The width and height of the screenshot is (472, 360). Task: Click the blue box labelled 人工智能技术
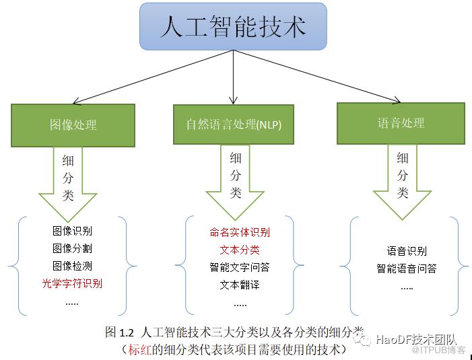click(x=233, y=26)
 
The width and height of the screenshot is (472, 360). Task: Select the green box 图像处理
click(x=73, y=125)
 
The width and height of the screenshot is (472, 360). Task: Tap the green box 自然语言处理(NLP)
click(x=234, y=124)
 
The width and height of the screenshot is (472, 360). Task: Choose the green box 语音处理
click(x=401, y=123)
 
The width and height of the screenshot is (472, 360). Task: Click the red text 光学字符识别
click(x=72, y=283)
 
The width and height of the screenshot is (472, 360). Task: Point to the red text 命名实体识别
click(x=240, y=232)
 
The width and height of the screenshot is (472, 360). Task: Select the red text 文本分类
click(x=240, y=250)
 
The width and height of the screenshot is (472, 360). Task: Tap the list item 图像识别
click(x=72, y=231)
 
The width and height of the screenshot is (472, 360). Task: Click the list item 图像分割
click(x=72, y=248)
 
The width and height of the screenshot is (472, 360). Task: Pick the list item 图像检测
click(x=72, y=266)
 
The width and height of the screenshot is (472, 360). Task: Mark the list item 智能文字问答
click(x=240, y=267)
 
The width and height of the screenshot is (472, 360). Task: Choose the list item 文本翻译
click(x=240, y=285)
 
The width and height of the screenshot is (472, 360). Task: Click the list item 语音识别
click(x=407, y=251)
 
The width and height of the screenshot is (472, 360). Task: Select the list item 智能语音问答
click(x=407, y=268)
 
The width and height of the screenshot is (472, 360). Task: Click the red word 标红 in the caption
click(x=139, y=350)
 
